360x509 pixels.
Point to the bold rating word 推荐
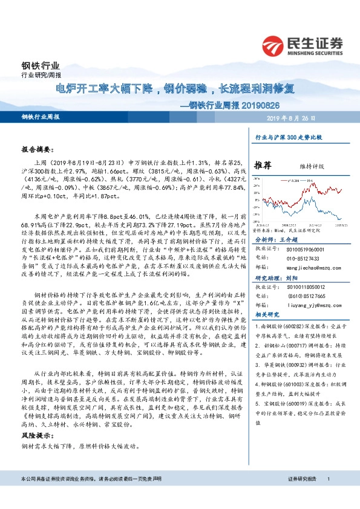coord(263,164)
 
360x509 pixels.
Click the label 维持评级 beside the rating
coord(312,164)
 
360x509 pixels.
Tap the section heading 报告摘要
coord(38,148)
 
